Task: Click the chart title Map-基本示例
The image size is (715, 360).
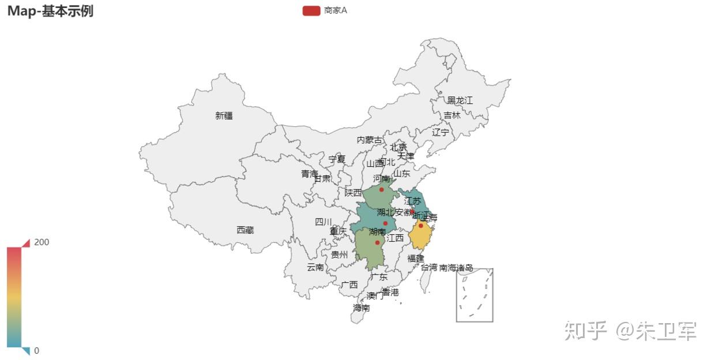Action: tap(50, 11)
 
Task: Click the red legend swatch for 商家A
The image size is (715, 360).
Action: tap(311, 10)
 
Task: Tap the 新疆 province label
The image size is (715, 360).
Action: tap(224, 115)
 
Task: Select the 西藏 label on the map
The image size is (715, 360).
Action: tap(245, 230)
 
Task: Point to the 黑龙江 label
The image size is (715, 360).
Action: tap(460, 100)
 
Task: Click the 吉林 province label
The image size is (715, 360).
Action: tap(452, 115)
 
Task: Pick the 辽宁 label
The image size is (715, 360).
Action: tap(441, 132)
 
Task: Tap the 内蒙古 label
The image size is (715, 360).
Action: tap(369, 140)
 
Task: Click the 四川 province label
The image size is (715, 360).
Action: tap(323, 222)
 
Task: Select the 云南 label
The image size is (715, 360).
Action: tap(315, 267)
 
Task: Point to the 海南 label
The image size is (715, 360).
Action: tap(362, 308)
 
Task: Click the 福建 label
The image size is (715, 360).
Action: tap(416, 258)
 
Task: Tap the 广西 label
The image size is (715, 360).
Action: tap(349, 284)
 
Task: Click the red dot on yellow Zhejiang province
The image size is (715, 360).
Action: tap(421, 226)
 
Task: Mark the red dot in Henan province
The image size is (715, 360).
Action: tap(381, 189)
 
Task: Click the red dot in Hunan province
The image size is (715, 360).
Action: tap(377, 242)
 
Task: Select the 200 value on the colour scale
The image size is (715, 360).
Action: tap(42, 242)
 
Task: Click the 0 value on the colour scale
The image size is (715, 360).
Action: tap(37, 350)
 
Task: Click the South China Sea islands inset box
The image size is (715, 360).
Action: tap(475, 295)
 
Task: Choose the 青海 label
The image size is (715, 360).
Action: tap(309, 174)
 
